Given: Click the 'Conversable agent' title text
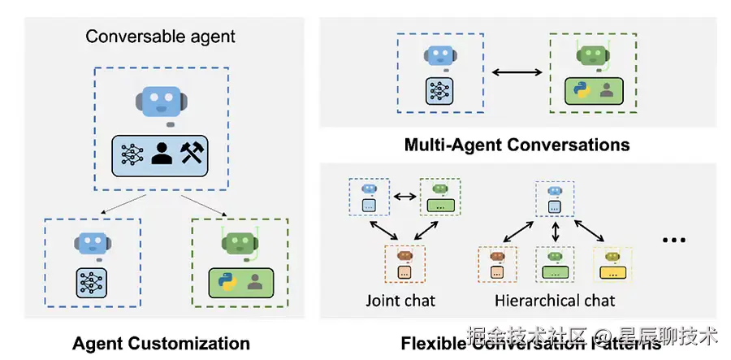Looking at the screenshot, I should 161,37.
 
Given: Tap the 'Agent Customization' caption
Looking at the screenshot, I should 161,343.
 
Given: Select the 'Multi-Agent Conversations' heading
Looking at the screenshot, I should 517,145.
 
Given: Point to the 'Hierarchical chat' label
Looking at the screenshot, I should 556,301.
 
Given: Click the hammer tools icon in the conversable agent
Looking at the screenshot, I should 196,154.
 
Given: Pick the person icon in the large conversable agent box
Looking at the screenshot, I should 162,154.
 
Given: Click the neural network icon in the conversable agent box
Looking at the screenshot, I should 130,154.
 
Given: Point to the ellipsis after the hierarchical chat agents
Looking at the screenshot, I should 674,240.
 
